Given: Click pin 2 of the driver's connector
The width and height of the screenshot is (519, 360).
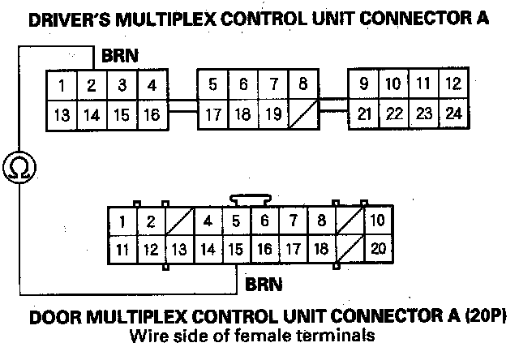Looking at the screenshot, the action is point(92,84).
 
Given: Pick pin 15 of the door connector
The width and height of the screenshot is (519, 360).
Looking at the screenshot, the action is point(235,249).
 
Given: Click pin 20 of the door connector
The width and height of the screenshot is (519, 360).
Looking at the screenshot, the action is point(377,249).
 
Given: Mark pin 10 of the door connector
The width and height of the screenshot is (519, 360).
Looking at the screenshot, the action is point(377,221).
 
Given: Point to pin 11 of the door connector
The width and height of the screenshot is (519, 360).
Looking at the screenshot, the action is point(122,249).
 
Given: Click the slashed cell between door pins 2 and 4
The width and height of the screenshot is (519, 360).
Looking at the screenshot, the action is point(179,221).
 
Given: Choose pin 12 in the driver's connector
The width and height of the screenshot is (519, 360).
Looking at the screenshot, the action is point(453,84).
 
